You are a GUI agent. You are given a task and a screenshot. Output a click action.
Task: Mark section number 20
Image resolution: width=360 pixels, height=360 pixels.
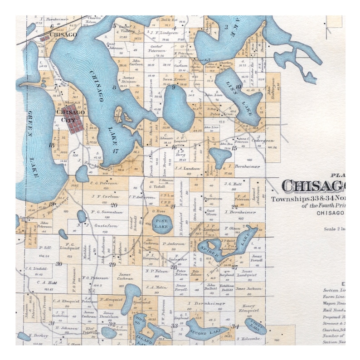114,205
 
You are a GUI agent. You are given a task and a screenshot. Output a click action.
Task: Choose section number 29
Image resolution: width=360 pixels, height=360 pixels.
112,264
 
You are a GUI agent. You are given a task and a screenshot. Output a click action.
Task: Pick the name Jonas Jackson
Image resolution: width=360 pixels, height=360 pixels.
248,288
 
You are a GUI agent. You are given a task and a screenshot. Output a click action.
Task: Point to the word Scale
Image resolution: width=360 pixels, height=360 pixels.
330,229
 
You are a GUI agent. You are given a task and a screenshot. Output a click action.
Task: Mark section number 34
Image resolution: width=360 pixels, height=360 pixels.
235,326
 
